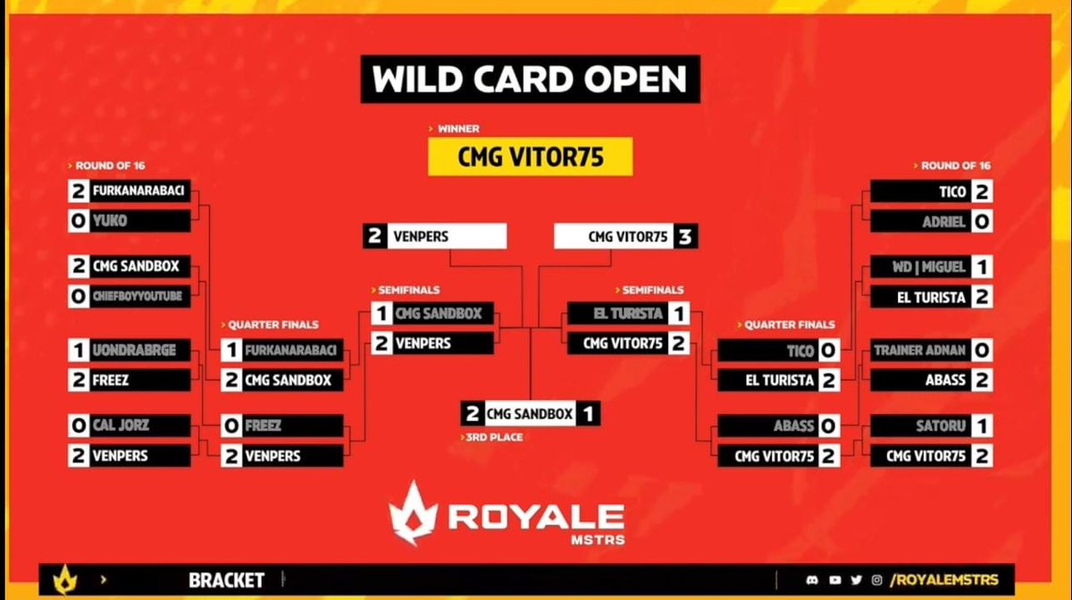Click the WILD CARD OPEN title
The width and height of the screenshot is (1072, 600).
click(530, 80)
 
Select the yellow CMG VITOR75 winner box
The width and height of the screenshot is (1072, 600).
click(531, 156)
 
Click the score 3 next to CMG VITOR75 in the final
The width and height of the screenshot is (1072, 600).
click(685, 237)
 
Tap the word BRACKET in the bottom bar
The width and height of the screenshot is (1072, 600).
click(226, 580)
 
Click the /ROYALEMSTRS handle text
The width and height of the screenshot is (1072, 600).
click(944, 579)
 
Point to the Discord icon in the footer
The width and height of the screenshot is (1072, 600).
click(809, 579)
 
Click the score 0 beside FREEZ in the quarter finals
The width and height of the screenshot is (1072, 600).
click(231, 426)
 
